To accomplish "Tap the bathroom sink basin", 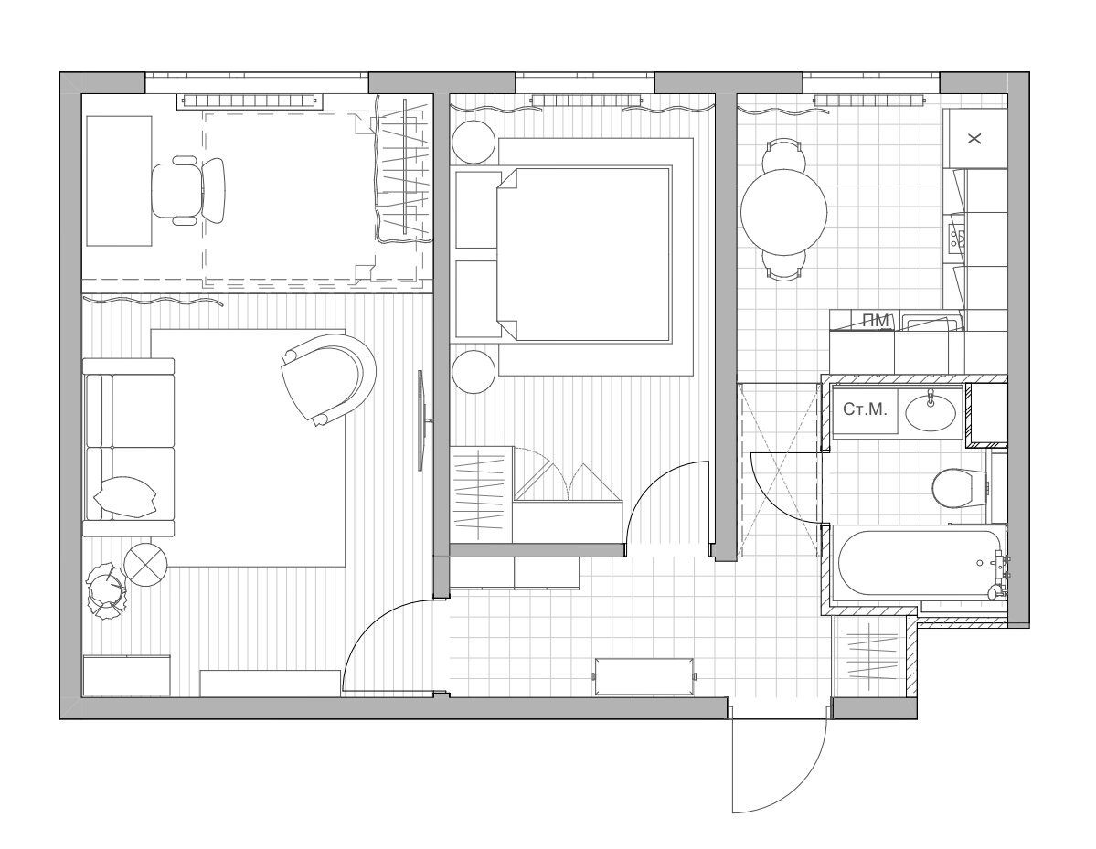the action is pyautogui.click(x=931, y=412).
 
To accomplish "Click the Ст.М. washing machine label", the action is pyautogui.click(x=865, y=409).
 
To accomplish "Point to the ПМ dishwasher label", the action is pyautogui.click(x=876, y=321).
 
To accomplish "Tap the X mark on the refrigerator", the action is pyautogui.click(x=974, y=138).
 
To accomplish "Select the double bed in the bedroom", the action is pyautogui.click(x=583, y=254).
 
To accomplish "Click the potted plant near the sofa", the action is pyautogui.click(x=107, y=591).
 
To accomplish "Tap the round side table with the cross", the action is pyautogui.click(x=145, y=565).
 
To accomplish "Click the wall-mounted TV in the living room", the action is pyautogui.click(x=422, y=420).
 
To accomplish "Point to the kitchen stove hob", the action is pyautogui.click(x=956, y=239).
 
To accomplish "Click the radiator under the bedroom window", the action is pyautogui.click(x=586, y=100).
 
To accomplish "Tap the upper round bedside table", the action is pyautogui.click(x=474, y=143).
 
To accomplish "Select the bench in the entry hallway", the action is pyautogui.click(x=644, y=675).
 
